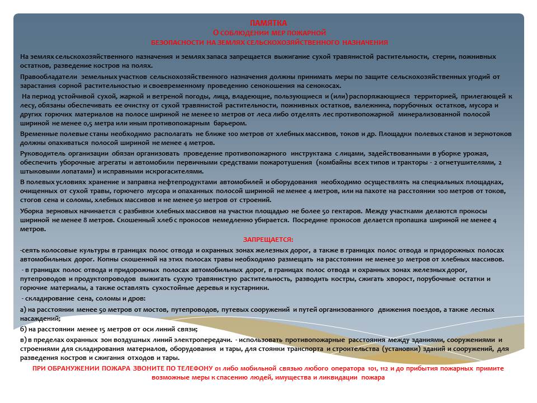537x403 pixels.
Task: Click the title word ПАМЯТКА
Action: coord(268,23)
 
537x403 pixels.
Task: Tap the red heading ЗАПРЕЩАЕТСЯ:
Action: coord(268,240)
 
